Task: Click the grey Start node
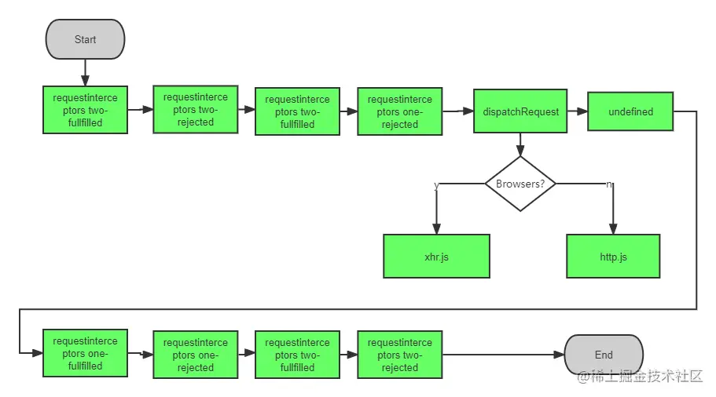click(85, 39)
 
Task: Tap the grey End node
click(604, 355)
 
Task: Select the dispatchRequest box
click(520, 111)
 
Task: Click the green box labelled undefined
click(630, 111)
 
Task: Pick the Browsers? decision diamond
click(520, 184)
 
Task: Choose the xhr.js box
click(436, 257)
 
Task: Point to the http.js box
click(613, 257)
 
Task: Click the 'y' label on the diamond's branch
click(437, 185)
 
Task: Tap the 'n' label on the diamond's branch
click(608, 184)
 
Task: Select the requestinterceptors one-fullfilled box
click(85, 353)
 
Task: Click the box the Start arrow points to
click(85, 110)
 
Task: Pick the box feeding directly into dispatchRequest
click(399, 111)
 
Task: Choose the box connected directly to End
click(399, 355)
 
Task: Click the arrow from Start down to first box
click(85, 72)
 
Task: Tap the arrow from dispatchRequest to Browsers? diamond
click(520, 145)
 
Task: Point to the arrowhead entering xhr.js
click(436, 229)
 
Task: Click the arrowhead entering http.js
click(613, 229)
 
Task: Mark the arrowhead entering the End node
click(560, 355)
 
